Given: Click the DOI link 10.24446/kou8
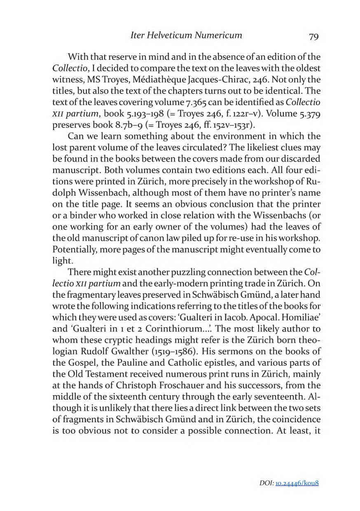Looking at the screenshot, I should tap(295, 483).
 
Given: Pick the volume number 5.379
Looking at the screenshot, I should tap(305, 113).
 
